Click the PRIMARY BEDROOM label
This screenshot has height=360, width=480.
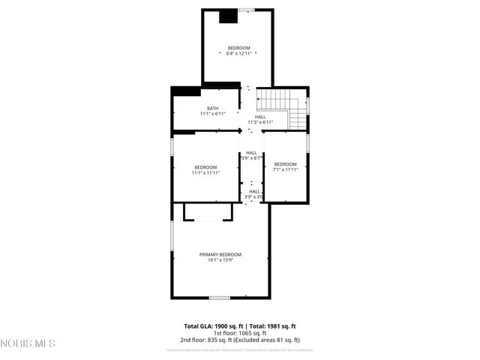(x=220, y=254)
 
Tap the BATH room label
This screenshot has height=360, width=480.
(x=213, y=108)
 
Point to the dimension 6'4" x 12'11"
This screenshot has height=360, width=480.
(x=238, y=54)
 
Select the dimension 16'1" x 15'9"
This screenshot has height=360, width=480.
(x=220, y=260)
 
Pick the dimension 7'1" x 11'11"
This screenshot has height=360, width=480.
(x=286, y=169)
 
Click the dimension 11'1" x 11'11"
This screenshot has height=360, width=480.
(x=205, y=172)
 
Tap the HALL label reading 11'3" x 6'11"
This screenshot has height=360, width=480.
(x=260, y=122)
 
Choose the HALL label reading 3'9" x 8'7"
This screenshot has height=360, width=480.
(x=250, y=158)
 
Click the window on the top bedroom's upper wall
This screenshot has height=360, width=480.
(x=246, y=9)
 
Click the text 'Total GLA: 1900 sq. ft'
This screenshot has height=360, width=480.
(x=214, y=326)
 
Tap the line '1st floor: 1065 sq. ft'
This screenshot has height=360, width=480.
(x=239, y=334)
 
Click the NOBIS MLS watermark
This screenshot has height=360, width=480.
(x=28, y=343)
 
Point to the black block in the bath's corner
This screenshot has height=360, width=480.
(x=187, y=91)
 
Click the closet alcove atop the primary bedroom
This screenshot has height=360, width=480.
(x=208, y=212)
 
